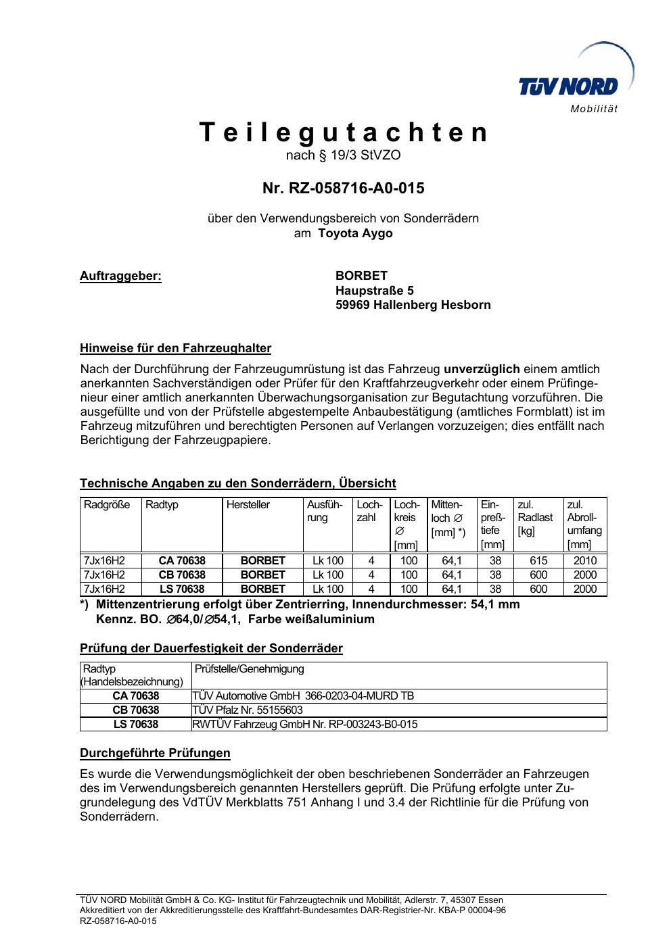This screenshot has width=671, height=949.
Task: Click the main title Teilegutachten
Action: coord(344,132)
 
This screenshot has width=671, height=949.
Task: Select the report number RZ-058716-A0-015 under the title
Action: coord(344,188)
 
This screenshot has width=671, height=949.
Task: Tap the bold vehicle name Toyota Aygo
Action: coord(355,233)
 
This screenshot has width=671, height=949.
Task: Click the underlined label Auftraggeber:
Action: coord(120,276)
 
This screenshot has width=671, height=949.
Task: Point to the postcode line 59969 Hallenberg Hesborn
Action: coord(413,305)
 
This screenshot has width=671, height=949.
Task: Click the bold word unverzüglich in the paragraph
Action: coord(482,369)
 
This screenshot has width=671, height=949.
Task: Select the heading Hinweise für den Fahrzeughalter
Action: coord(175,349)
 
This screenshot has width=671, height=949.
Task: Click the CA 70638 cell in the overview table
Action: coord(182,561)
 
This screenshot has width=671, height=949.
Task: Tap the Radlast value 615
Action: coord(538,561)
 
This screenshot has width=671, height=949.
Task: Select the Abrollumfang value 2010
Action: coord(585,561)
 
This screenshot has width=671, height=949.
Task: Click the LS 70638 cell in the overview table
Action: coord(182,589)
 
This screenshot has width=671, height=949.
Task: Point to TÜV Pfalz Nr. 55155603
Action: coord(248,710)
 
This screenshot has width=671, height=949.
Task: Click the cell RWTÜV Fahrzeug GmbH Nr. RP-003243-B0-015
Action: coord(304,725)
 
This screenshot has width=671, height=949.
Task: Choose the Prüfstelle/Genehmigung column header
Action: coord(249,669)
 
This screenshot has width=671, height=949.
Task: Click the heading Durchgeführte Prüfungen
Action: coord(155,753)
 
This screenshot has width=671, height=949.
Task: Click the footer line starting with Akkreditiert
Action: coord(292,910)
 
